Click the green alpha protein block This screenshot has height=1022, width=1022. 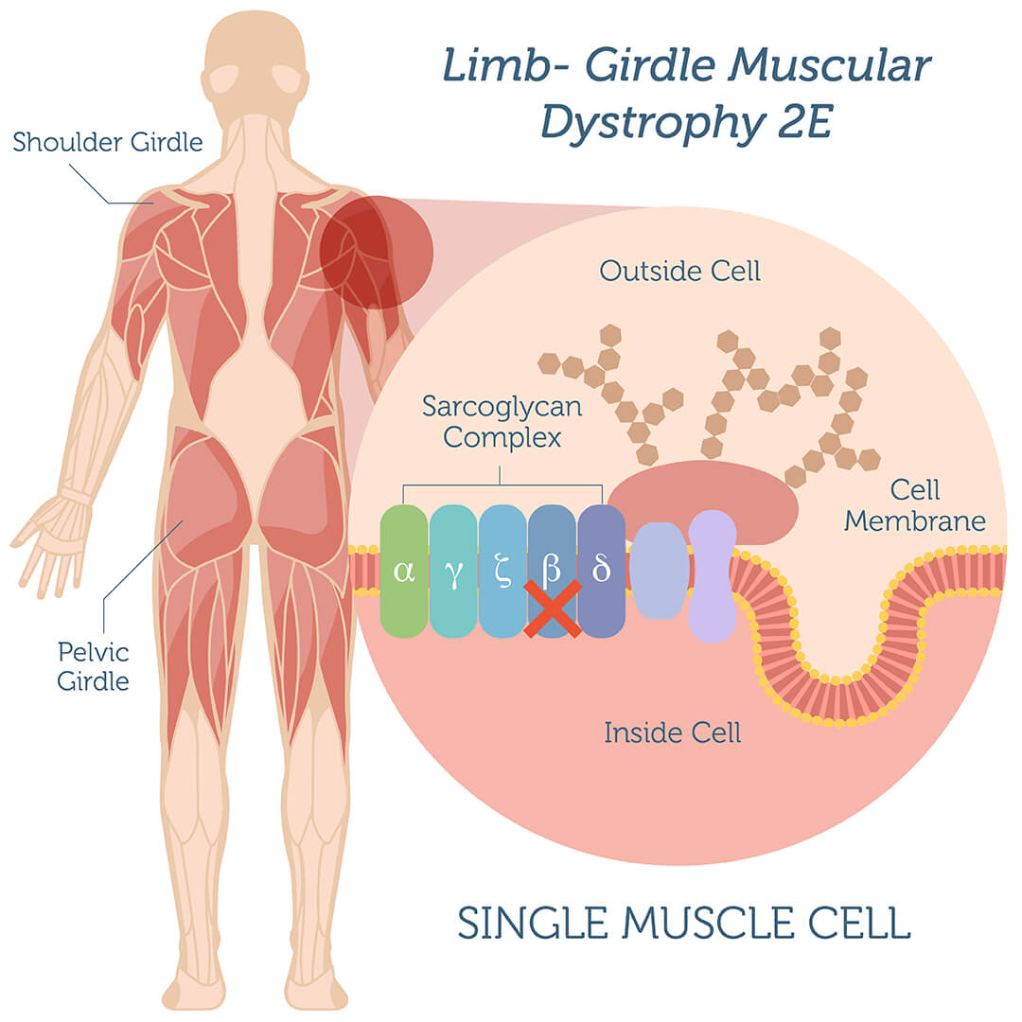tap(404, 571)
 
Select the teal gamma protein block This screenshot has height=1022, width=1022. tap(453, 571)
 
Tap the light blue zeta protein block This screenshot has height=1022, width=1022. tap(502, 571)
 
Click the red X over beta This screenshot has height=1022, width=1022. tap(553, 608)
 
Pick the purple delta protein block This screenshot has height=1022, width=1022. tap(601, 571)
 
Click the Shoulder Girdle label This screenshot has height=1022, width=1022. tap(108, 142)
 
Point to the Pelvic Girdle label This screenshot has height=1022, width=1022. tap(93, 667)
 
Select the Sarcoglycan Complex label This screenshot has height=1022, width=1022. tap(502, 422)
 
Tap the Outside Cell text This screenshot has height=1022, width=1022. tap(679, 272)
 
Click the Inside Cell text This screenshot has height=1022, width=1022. tap(673, 732)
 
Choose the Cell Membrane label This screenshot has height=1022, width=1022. tap(914, 505)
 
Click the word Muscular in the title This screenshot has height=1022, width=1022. tap(830, 65)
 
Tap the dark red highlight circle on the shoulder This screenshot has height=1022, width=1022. tap(376, 253)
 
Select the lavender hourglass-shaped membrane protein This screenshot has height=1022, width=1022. tap(713, 576)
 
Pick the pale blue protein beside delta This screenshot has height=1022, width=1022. tap(661, 571)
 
